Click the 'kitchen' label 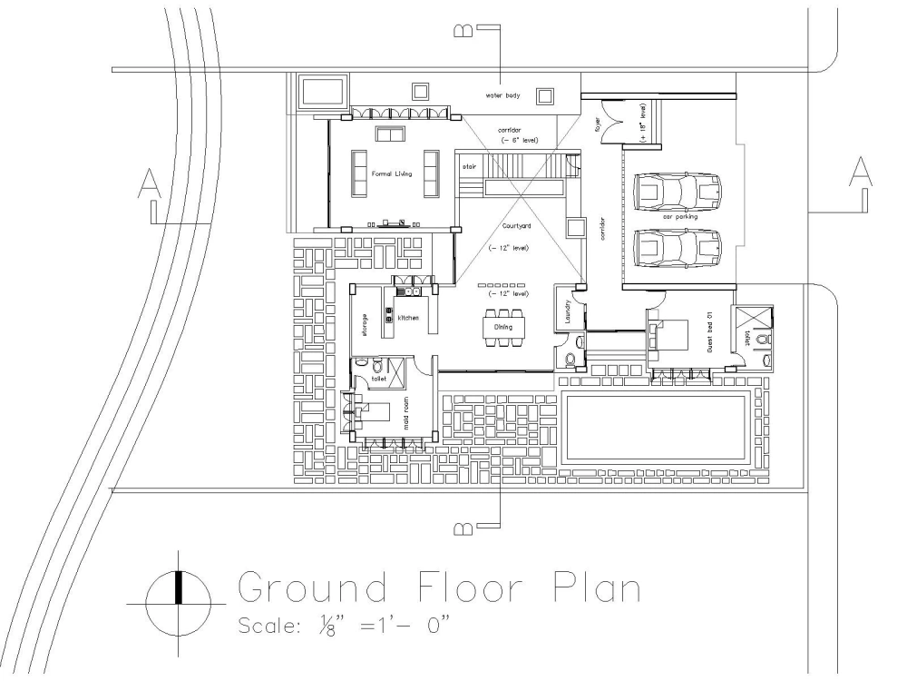click(x=407, y=318)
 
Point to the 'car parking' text click(x=680, y=217)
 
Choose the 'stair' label click(x=470, y=167)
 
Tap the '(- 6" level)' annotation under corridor click(x=520, y=141)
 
